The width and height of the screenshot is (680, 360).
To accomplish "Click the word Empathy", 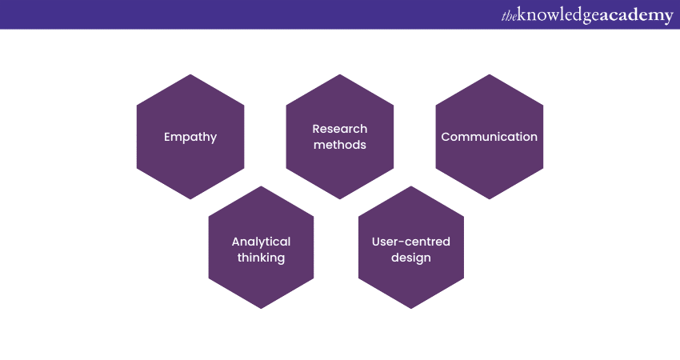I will click(x=190, y=137).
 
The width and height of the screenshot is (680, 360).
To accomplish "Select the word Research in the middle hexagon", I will click(x=340, y=129).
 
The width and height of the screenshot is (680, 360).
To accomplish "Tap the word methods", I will click(x=340, y=145).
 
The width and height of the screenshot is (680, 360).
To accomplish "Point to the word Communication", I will click(x=490, y=137).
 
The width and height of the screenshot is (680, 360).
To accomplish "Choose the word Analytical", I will click(x=261, y=242).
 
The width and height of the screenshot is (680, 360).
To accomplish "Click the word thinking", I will click(x=261, y=258).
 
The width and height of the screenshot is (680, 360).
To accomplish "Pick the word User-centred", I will click(x=411, y=242).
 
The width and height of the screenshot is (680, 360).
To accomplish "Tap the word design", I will click(x=411, y=258).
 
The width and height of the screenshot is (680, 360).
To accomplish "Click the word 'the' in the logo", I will click(x=509, y=15).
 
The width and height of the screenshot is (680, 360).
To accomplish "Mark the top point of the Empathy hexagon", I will click(x=190, y=74).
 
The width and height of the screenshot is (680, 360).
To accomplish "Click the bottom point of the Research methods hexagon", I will click(x=340, y=199).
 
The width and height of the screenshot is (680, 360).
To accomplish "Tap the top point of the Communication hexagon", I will click(x=490, y=74).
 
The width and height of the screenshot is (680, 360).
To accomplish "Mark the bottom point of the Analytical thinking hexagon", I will click(x=261, y=309).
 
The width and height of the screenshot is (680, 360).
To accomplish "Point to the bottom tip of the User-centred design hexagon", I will click(x=411, y=309).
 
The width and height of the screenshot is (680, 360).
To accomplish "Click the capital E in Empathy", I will click(x=168, y=137).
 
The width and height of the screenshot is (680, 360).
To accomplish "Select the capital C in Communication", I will click(x=446, y=137).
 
